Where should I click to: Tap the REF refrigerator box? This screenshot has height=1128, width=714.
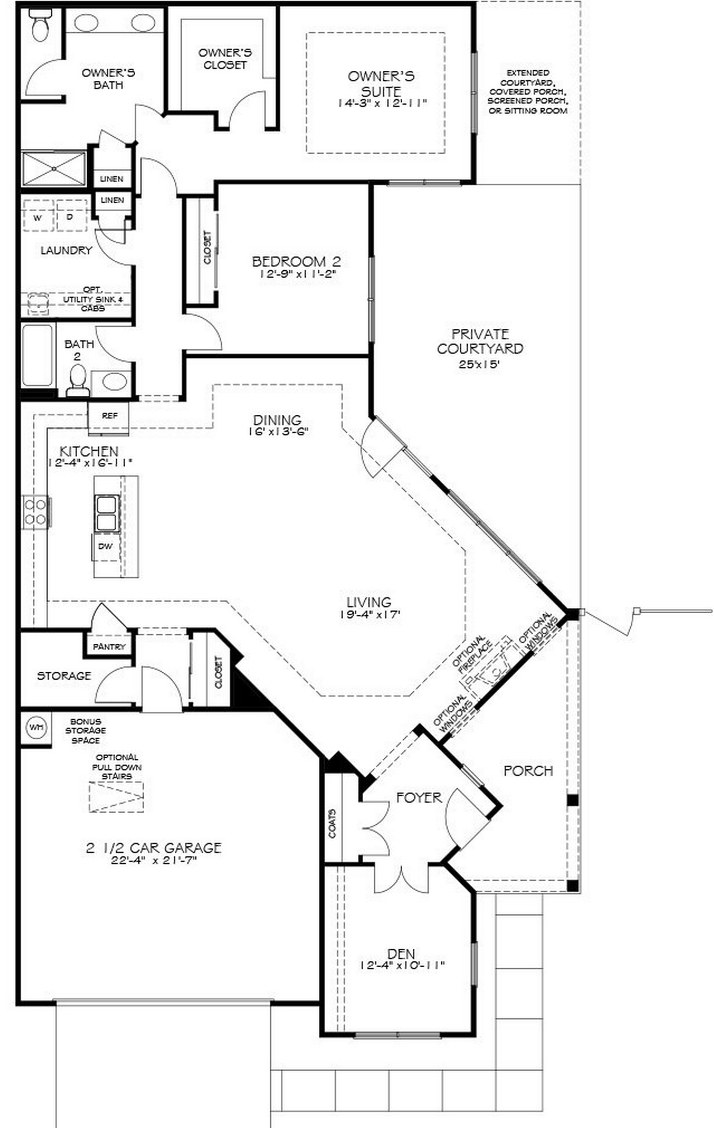click(x=109, y=415)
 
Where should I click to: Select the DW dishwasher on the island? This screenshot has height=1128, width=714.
click(x=105, y=546)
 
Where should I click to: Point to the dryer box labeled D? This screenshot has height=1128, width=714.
click(x=70, y=216)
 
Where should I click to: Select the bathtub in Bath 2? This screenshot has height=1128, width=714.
click(x=37, y=355)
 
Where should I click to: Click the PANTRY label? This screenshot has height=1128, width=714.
click(x=109, y=647)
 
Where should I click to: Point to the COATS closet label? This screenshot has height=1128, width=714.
click(x=332, y=823)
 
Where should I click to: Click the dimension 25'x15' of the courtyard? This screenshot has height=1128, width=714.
click(x=479, y=365)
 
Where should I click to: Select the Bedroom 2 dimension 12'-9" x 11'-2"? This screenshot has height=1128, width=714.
click(x=298, y=274)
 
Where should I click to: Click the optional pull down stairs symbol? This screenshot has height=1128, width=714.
click(x=117, y=796)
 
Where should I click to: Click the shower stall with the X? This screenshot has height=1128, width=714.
click(x=54, y=168)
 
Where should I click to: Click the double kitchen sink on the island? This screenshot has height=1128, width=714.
click(x=107, y=513)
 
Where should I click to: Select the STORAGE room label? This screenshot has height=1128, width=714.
click(x=64, y=676)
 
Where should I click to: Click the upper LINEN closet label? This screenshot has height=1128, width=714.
click(x=112, y=179)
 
